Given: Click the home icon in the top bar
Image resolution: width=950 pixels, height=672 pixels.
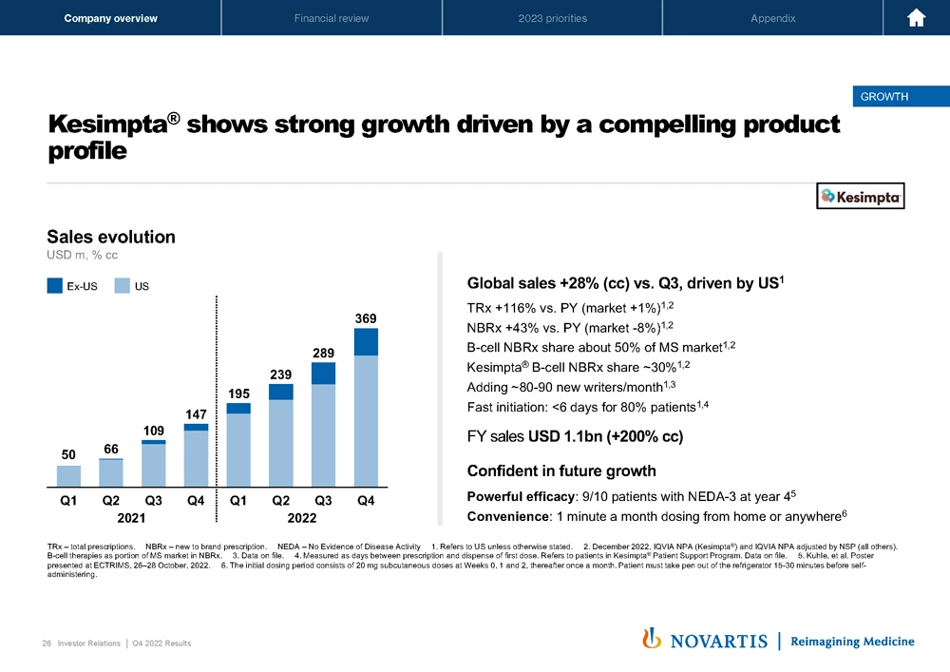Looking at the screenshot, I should (917, 18).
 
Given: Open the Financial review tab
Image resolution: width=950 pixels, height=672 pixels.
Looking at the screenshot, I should (332, 18).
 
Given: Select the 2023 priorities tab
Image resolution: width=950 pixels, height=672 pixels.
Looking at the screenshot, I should (552, 18).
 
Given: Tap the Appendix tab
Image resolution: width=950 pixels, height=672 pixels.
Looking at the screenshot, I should (772, 18).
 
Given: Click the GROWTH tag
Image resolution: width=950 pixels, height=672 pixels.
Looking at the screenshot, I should (883, 96).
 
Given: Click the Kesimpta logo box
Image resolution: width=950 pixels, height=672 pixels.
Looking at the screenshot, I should (862, 196).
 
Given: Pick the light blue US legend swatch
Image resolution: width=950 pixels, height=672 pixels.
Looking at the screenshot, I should (122, 284).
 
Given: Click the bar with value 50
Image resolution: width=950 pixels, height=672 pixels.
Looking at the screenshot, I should (68, 475).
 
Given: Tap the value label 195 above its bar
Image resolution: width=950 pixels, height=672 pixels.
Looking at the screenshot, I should (238, 393).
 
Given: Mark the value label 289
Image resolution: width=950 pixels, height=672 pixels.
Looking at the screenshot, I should (323, 353).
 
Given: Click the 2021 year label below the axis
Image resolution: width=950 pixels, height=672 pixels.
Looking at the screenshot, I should (132, 518).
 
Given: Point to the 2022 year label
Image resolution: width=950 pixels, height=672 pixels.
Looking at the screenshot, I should (302, 518).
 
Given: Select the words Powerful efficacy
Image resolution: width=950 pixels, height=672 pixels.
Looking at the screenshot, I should (521, 496).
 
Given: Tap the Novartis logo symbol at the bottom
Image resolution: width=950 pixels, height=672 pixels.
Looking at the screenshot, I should (652, 639).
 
